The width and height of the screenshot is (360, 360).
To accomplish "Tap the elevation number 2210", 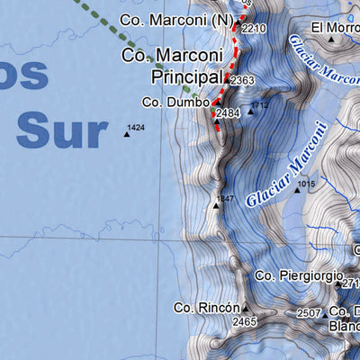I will [x=254, y=29].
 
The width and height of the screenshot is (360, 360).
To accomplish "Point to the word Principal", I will [x=186, y=78].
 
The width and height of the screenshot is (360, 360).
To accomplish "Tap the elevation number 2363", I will [x=241, y=81].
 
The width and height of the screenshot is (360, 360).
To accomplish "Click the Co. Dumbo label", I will [x=175, y=103].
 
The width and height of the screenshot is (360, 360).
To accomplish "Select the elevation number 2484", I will [x=229, y=113].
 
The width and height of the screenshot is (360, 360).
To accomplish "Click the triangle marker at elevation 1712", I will [x=250, y=112].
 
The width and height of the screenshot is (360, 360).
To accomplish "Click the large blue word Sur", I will [x=61, y=130].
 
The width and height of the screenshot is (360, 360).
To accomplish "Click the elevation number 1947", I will [x=225, y=197].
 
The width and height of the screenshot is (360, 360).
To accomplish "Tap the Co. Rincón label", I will [x=208, y=307].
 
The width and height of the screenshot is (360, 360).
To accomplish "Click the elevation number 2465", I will [x=244, y=321].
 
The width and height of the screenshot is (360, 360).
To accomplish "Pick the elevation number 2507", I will [x=309, y=313].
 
